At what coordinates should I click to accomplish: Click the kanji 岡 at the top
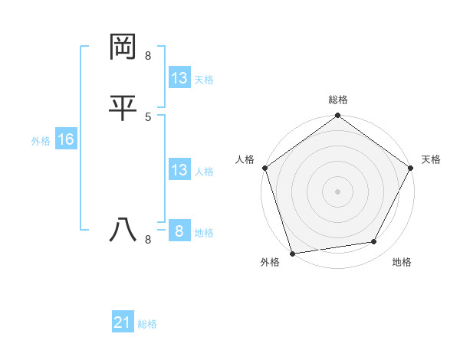tap(123, 47)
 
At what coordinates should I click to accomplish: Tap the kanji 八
tap(123, 231)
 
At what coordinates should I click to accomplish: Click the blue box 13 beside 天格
tap(179, 78)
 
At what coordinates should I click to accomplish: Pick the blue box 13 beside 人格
tap(179, 170)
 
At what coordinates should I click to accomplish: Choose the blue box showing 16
tap(66, 139)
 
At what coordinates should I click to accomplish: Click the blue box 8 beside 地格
tap(179, 231)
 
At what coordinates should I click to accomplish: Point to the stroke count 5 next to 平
tap(148, 116)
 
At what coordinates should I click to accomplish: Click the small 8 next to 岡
tap(148, 56)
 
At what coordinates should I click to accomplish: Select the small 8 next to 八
tap(148, 240)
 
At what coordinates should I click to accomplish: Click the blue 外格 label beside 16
tap(41, 141)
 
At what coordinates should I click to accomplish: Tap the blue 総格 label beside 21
tap(147, 325)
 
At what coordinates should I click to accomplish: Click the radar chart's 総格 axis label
tap(338, 100)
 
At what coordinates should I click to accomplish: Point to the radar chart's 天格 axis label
tap(431, 159)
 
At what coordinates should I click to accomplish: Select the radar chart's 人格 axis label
tap(245, 159)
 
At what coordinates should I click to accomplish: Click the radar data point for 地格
tap(374, 242)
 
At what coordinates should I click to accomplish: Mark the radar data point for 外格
tap(292, 253)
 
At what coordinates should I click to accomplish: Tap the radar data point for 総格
tap(338, 116)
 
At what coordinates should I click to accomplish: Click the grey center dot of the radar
tap(338, 191)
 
